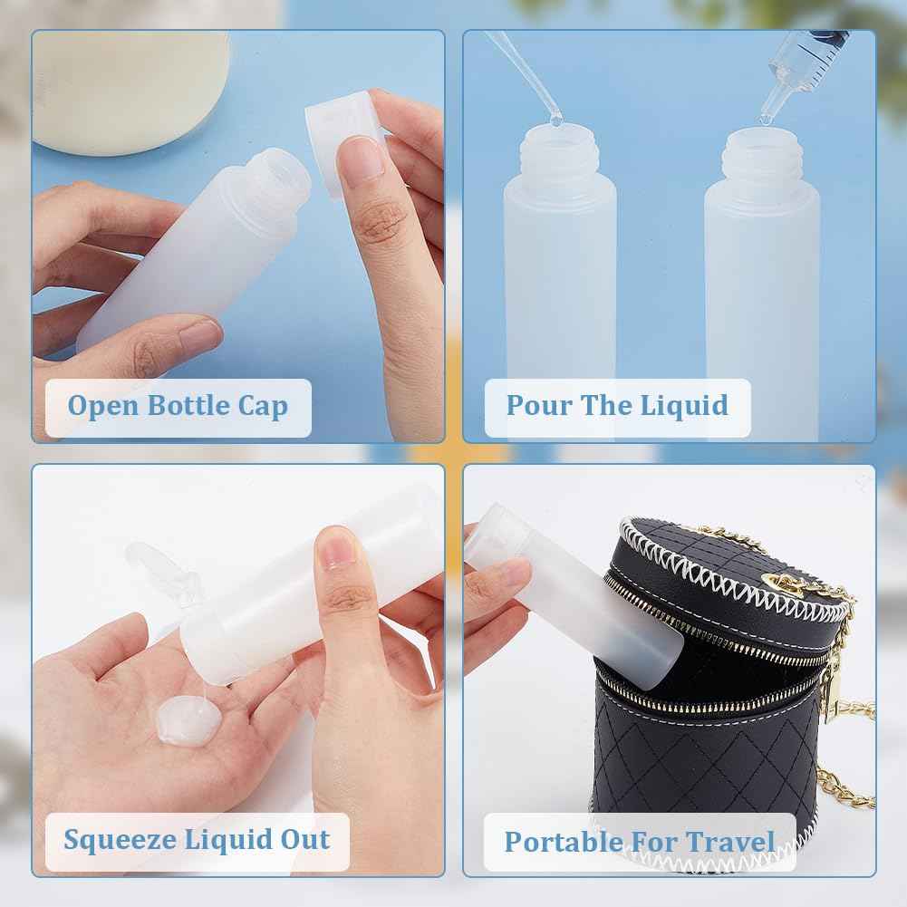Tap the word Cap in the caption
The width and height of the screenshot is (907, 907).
pos(263,405)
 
